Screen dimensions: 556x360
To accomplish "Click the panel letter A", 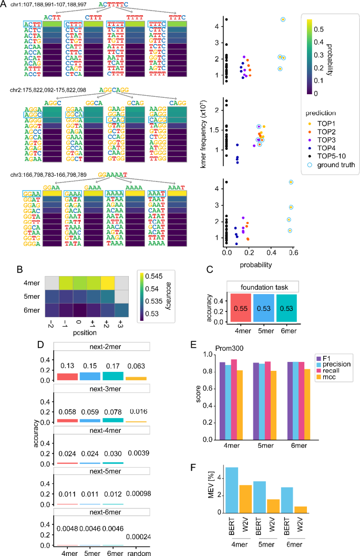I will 5,4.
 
